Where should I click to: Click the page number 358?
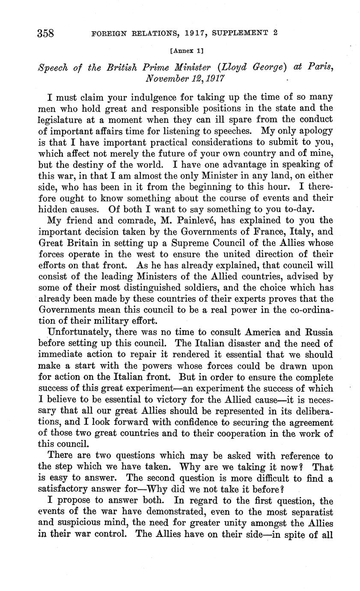click(46, 33)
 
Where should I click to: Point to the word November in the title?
click(167, 79)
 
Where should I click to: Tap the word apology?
click(312, 131)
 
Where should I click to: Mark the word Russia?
click(314, 332)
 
